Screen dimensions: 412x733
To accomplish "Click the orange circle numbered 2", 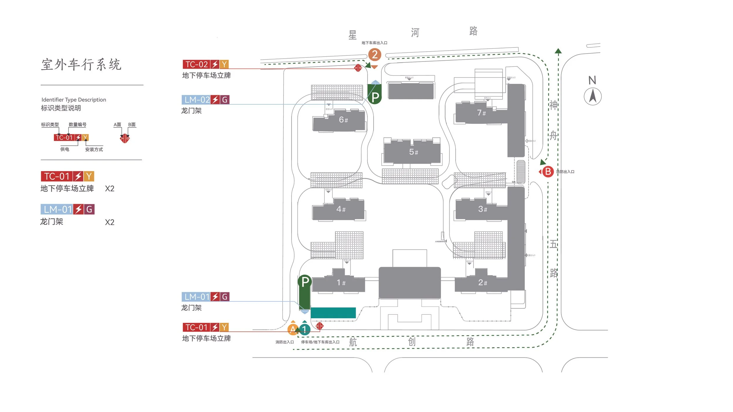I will coord(374,55).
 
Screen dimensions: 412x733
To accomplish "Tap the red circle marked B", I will coord(547,172).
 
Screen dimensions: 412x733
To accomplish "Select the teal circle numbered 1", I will coord(305,330).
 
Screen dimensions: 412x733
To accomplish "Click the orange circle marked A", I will coord(293,330).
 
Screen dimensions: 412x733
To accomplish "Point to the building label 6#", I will coord(343,120).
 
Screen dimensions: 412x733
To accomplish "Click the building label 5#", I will coord(413,152).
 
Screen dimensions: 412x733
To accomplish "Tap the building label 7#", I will coord(481,113).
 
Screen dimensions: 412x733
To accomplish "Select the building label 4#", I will coord(341,209).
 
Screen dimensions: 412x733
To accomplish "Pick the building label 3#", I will coord(482,209).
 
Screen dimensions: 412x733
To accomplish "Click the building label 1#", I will coord(341,282).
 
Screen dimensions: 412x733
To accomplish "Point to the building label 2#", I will coord(482,282).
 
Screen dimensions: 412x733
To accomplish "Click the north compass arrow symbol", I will coord(593,96).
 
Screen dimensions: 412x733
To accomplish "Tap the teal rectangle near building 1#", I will coord(333,313).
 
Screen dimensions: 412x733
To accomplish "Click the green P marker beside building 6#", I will coord(375,97).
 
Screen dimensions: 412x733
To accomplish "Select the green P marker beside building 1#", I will coord(305,282).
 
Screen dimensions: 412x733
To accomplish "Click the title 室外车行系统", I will coord(81,64).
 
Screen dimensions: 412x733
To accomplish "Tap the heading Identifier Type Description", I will coord(74,100).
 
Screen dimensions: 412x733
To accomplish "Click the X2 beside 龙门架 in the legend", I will coord(109,222).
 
